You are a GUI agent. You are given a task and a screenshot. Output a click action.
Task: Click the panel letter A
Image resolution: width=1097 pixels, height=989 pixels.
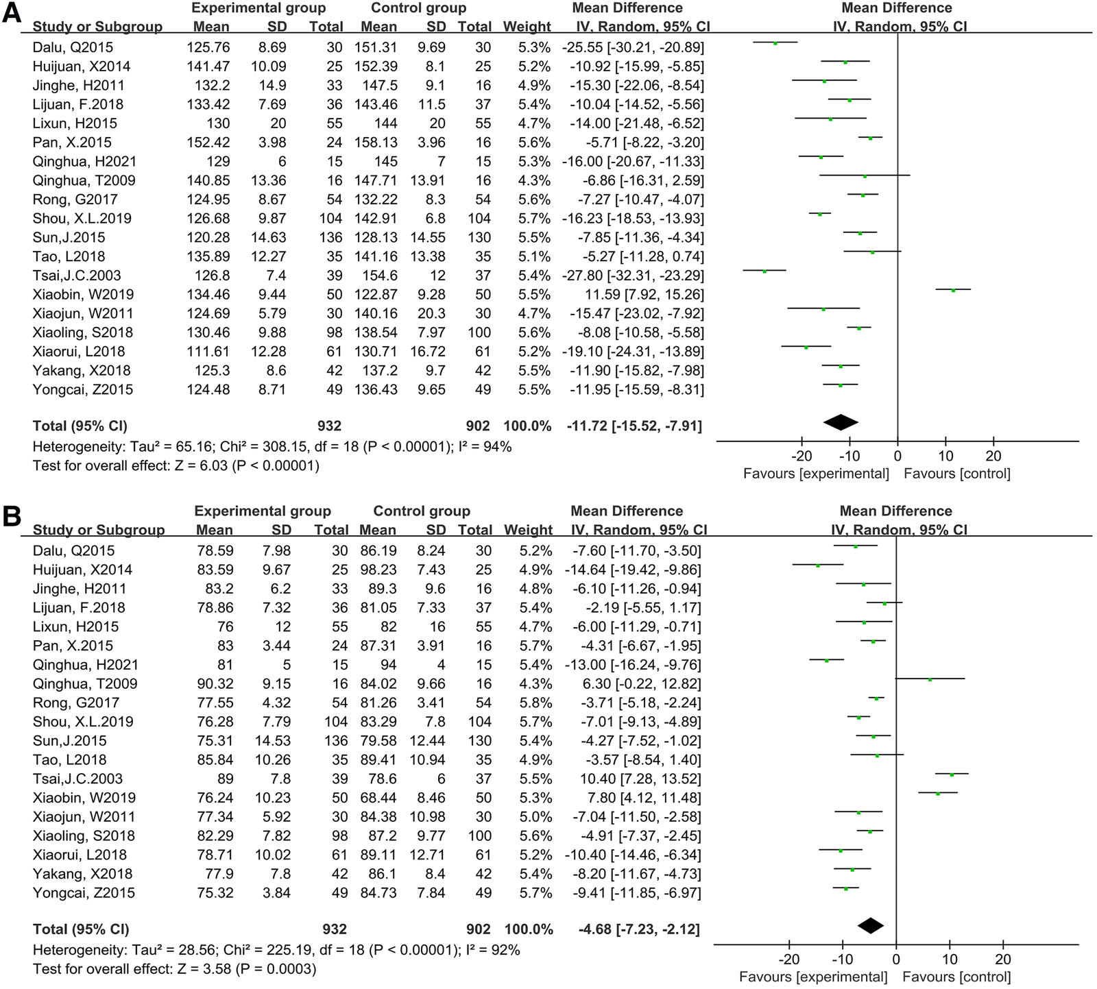coord(12,14)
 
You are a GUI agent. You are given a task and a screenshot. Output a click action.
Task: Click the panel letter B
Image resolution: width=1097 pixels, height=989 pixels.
coord(12,516)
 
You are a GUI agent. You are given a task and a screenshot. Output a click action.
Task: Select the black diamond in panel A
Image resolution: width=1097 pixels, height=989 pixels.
coord(841,423)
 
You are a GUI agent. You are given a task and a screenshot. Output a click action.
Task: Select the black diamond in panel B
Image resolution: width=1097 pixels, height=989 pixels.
coord(871,926)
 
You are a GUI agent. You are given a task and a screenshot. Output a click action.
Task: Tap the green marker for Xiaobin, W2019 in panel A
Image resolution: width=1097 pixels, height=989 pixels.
coord(953,290)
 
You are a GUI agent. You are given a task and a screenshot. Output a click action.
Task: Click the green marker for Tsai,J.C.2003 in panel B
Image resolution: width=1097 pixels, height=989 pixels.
coord(952,774)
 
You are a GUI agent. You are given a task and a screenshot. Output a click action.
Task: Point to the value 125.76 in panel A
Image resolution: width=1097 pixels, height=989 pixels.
coord(208,47)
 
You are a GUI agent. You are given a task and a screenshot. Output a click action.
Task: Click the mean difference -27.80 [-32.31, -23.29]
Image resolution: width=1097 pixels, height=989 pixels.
coord(634,276)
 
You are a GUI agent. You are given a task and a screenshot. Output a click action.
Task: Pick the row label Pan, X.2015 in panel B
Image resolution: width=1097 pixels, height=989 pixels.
coord(73,646)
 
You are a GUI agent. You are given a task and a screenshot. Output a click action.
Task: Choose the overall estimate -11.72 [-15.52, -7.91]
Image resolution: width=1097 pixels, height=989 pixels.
coord(634,426)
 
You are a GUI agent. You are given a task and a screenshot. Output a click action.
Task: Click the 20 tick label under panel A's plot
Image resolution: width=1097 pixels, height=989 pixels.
coord(993,456)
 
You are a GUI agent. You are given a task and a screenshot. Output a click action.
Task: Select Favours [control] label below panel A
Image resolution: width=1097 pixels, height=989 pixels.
coord(956,474)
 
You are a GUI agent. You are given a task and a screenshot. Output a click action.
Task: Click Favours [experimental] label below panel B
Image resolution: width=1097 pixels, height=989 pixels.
coord(813,977)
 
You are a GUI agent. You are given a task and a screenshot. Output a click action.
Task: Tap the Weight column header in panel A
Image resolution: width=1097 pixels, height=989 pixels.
coord(527,27)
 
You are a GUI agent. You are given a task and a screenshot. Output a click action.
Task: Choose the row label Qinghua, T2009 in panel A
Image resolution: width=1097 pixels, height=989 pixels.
coord(84,180)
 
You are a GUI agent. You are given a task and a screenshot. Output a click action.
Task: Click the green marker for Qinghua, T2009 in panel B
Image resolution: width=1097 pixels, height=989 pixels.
coord(930,680)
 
